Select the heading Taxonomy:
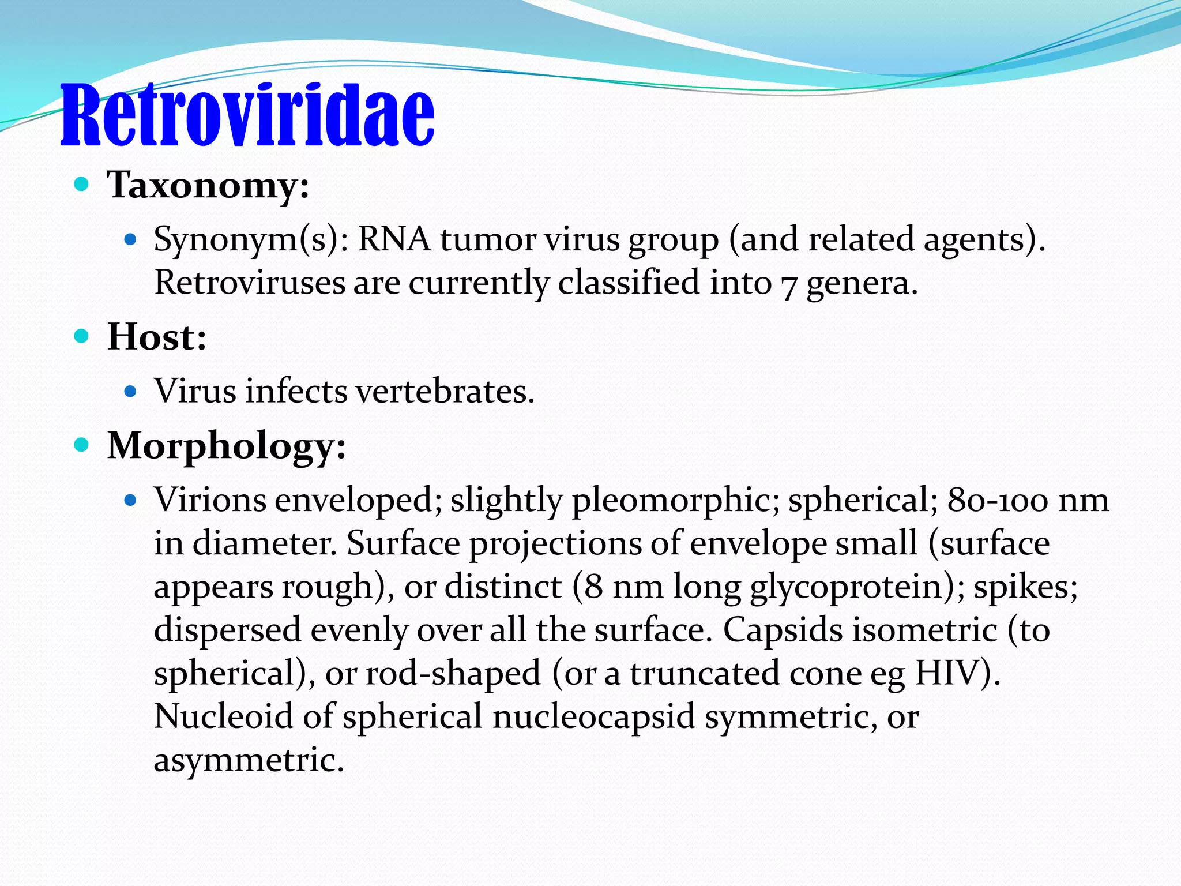pos(208,186)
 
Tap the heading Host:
pos(157,337)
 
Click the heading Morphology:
pos(227,446)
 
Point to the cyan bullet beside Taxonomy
pos(82,185)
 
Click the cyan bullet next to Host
pos(82,336)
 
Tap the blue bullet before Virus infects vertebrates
pos(130,392)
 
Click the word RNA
pos(394,239)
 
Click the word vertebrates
pos(445,392)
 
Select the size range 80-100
pos(998,500)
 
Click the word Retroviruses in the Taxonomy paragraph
pos(249,283)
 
